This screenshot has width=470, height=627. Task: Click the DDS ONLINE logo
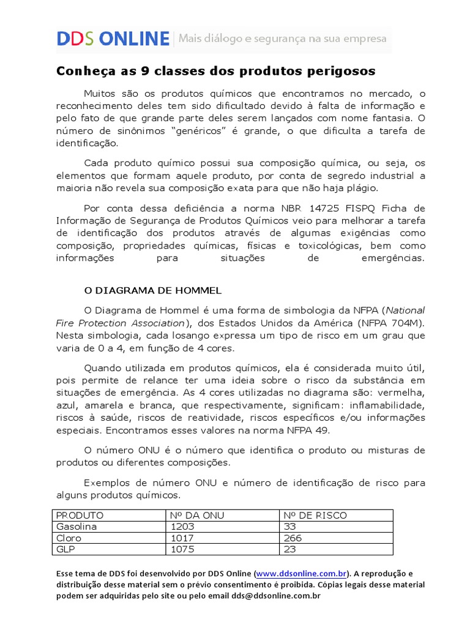point(113,39)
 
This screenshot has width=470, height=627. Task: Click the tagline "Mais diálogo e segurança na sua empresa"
point(282,39)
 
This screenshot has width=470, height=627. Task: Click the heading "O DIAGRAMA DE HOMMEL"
point(152,290)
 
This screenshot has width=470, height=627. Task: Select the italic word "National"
point(405,310)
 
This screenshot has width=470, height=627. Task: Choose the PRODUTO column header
point(80,515)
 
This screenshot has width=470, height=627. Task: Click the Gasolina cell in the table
point(76,527)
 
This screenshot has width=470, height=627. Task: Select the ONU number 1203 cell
point(184,527)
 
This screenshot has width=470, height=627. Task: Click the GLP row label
point(65,549)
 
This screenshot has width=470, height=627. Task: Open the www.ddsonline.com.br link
point(301,574)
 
